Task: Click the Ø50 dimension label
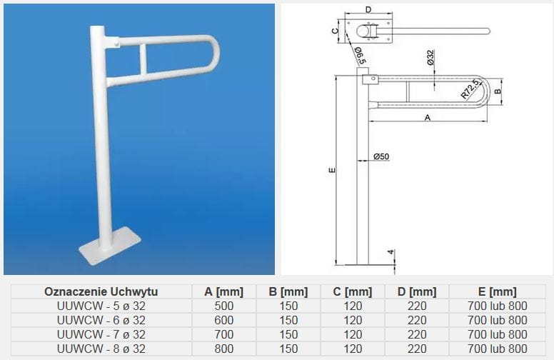[x=381, y=156]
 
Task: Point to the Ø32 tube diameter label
[x=430, y=57]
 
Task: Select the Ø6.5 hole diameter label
[x=359, y=56]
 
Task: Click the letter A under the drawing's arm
[x=428, y=117]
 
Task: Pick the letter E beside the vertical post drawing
[x=332, y=170]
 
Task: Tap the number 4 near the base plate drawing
[x=391, y=252]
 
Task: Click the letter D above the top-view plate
[x=368, y=9]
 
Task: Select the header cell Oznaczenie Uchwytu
[x=101, y=291]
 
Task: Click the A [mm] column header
[x=224, y=291]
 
